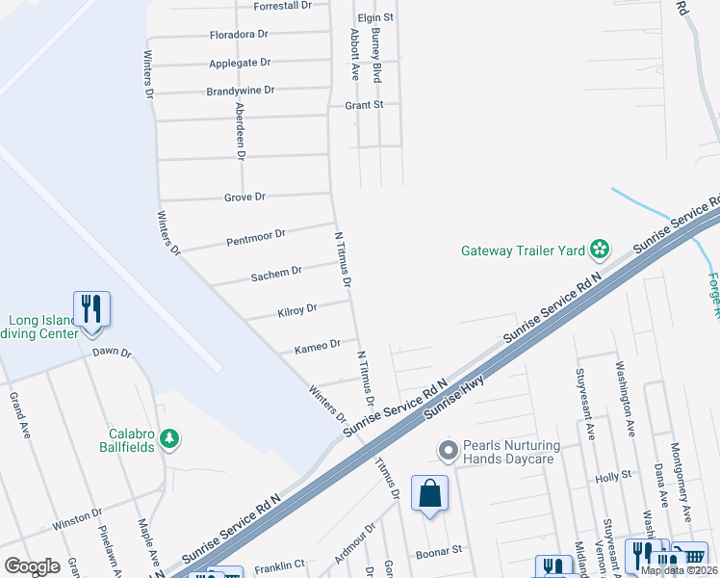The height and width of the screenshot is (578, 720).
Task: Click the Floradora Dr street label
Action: pyautogui.click(x=239, y=35)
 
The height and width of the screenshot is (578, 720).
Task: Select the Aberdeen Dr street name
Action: pyautogui.click(x=240, y=132)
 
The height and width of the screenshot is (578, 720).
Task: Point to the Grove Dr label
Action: pyautogui.click(x=244, y=197)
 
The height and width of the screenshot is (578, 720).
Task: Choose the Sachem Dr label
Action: pyautogui.click(x=276, y=273)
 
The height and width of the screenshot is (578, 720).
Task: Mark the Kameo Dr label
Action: pyautogui.click(x=317, y=345)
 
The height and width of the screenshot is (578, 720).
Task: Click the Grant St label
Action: pyautogui.click(x=365, y=104)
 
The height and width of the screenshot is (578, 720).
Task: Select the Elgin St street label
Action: pyautogui.click(x=375, y=18)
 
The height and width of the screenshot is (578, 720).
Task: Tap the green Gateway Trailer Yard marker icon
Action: pyautogui.click(x=600, y=250)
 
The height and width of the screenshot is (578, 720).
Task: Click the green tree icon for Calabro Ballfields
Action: pyautogui.click(x=169, y=439)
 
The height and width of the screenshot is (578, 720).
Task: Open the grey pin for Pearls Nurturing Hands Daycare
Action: pyautogui.click(x=447, y=450)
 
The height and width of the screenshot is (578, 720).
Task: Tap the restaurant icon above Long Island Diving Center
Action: pyautogui.click(x=91, y=309)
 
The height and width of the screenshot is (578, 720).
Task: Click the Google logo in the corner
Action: pyautogui.click(x=32, y=566)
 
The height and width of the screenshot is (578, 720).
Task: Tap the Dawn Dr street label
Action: pyautogui.click(x=111, y=353)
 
